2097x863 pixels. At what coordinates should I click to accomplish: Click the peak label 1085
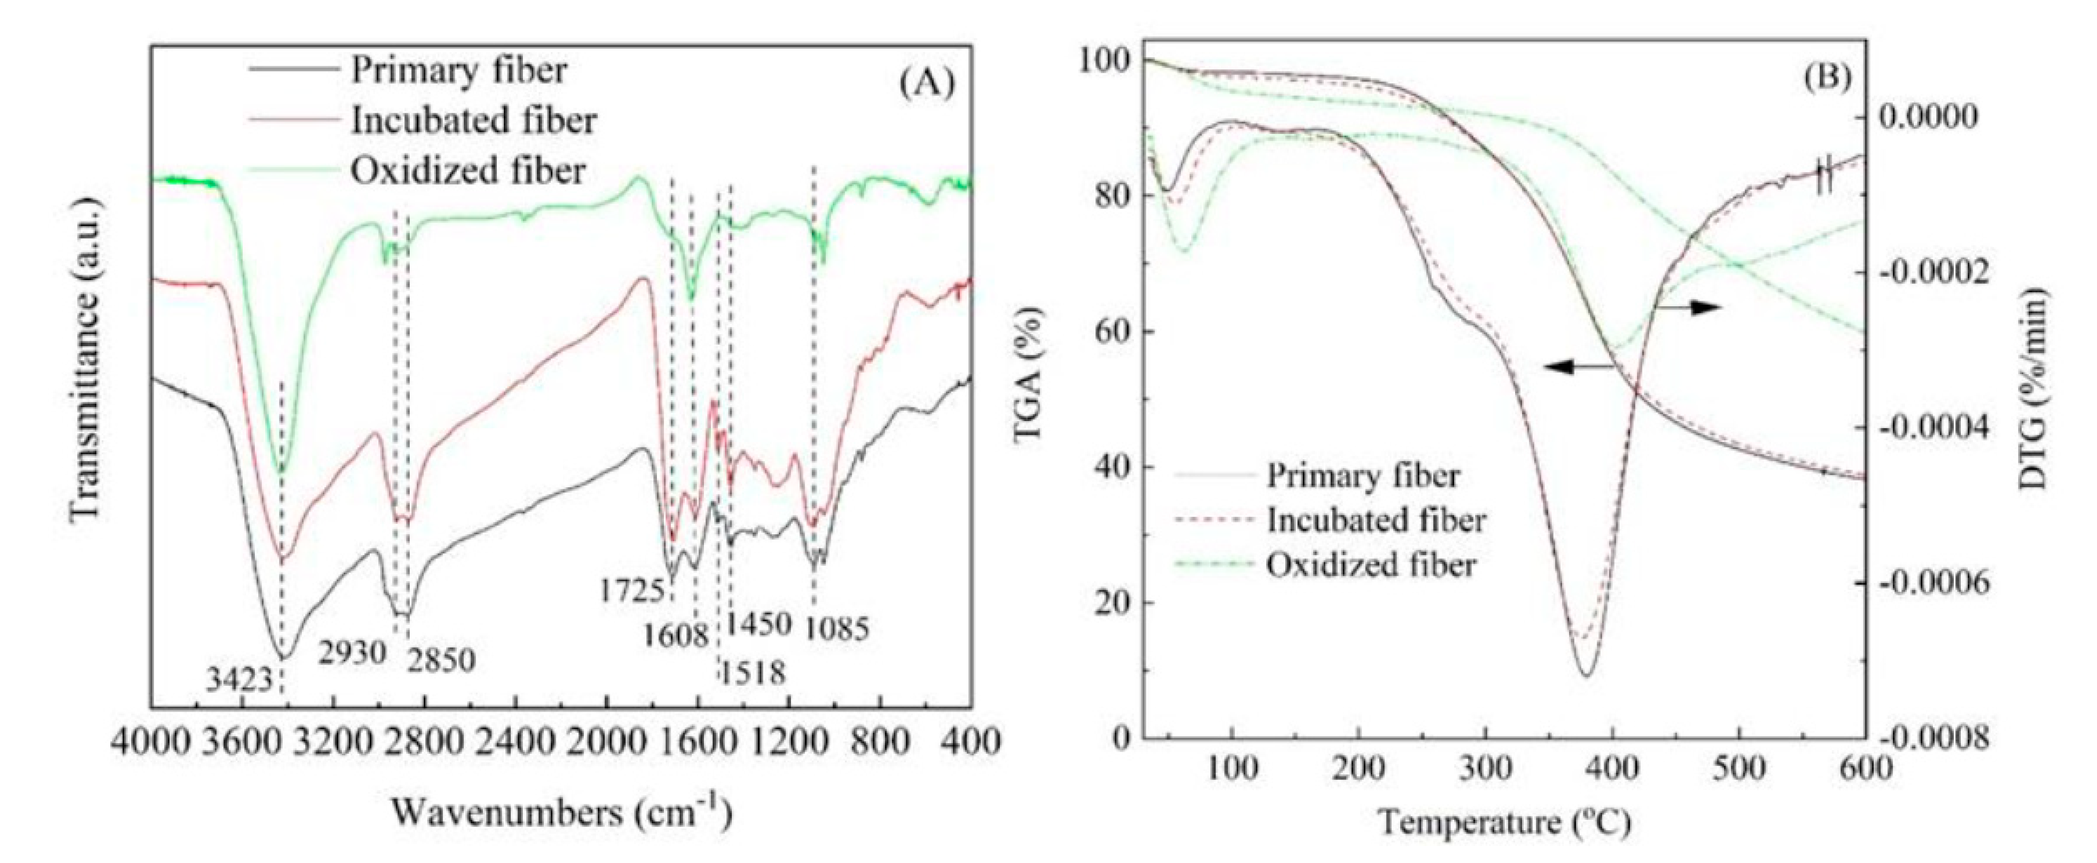pos(838,628)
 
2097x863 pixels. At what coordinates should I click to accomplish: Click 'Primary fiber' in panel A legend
pos(458,71)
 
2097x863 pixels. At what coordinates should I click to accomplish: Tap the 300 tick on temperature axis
pos(1485,769)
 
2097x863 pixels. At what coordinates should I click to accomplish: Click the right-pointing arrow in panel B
pos(1689,307)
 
